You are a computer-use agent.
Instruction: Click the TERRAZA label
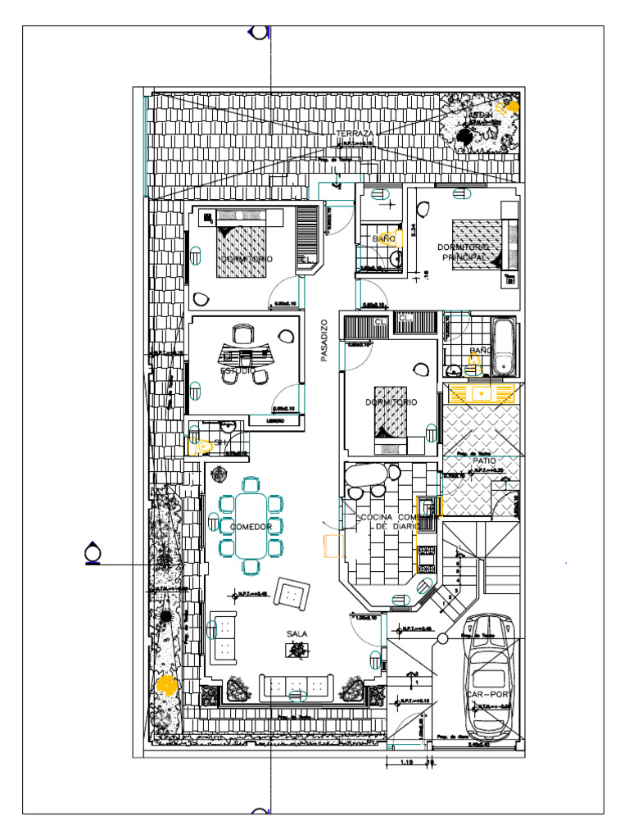click(x=355, y=133)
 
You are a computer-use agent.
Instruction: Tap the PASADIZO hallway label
click(x=324, y=340)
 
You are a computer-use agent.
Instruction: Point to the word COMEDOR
click(x=251, y=527)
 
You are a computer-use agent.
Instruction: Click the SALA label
click(x=296, y=634)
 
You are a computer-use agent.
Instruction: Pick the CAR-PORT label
click(x=488, y=694)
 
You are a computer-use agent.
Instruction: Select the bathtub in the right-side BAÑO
click(x=504, y=346)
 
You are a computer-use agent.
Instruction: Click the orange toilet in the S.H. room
click(x=200, y=446)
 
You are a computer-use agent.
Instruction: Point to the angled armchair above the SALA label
click(x=292, y=592)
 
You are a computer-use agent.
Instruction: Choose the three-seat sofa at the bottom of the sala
click(x=296, y=687)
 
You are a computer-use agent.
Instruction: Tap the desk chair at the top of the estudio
click(x=242, y=334)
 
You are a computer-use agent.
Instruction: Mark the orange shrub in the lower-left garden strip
click(x=166, y=683)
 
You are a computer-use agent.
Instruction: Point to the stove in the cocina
click(x=426, y=559)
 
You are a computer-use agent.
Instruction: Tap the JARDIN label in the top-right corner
click(x=481, y=116)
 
